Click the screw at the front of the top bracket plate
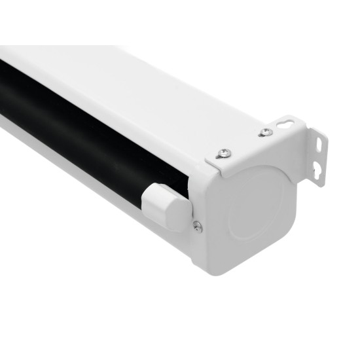click(x=225, y=153)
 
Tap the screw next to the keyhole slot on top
click(x=265, y=132)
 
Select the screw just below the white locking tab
click(x=197, y=226)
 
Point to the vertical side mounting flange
click(x=319, y=157)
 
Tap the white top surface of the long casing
click(x=131, y=85)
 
